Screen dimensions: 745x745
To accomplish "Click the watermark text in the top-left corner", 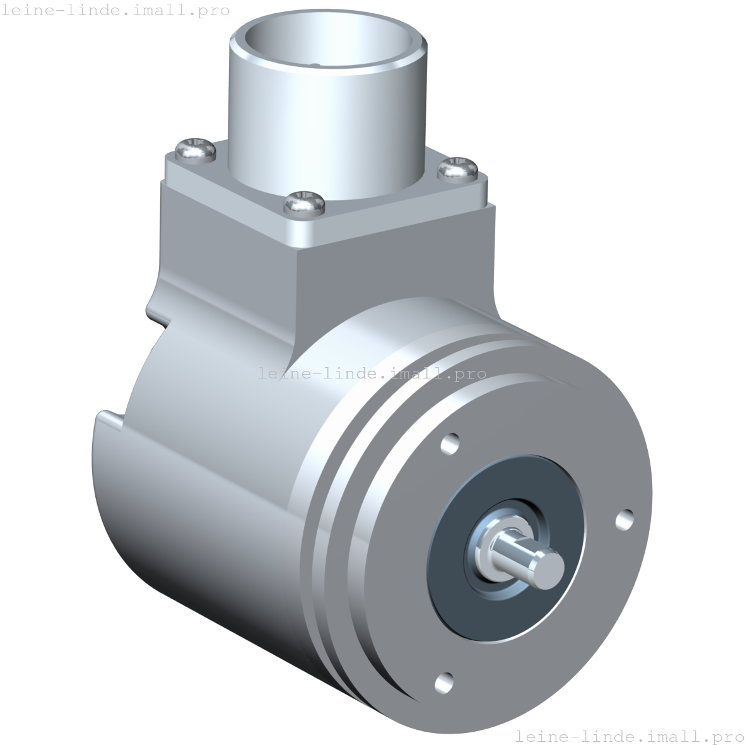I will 115,10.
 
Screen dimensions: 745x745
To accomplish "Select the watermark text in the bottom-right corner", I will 629,736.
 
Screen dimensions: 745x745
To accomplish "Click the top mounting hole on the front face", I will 449,443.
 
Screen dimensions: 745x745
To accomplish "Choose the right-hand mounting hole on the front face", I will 624,519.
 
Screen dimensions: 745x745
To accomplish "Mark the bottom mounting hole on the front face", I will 444,681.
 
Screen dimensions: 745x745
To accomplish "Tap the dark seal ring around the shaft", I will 454,587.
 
